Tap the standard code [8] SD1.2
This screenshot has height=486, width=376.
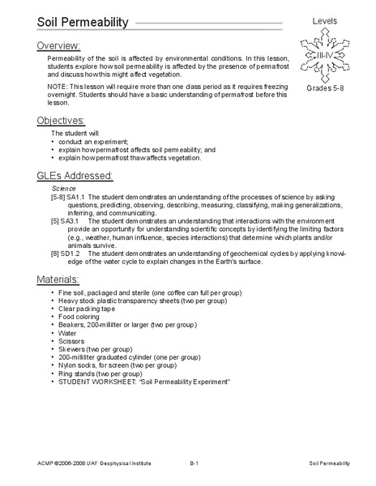pyautogui.click(x=65, y=254)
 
